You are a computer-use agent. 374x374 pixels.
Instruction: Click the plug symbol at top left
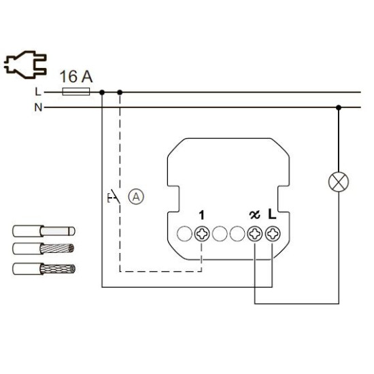pos(26,65)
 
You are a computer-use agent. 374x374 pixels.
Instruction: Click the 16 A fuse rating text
pos(76,77)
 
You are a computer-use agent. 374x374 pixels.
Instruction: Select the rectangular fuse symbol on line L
pos(76,92)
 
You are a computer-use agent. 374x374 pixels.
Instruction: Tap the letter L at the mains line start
pos(38,92)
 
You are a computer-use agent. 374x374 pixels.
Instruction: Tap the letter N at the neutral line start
pos(38,107)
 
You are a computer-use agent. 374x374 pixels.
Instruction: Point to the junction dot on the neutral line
pos(339,107)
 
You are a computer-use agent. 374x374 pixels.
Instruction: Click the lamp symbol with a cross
pos(339,182)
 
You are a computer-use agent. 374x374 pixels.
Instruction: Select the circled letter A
pos(136,197)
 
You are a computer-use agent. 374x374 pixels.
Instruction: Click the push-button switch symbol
pos(114,197)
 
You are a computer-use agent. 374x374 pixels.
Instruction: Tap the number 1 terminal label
pos(202,215)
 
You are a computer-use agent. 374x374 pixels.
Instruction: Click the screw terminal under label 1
pos(202,234)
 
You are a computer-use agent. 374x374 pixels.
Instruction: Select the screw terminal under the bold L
pos(273,234)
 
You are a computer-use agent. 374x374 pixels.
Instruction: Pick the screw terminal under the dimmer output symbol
pos(255,234)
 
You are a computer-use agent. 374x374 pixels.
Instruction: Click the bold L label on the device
pos(272,214)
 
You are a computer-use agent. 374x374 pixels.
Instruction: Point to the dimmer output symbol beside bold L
pos(254,215)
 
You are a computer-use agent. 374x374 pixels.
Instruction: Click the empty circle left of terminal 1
pos(184,234)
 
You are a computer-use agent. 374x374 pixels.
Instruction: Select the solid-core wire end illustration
pos(44,231)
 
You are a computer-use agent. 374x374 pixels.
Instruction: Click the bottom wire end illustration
pos(44,269)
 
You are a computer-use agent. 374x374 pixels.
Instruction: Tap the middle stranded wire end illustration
pos(44,249)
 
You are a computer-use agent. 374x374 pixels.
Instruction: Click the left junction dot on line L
pos(102,92)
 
